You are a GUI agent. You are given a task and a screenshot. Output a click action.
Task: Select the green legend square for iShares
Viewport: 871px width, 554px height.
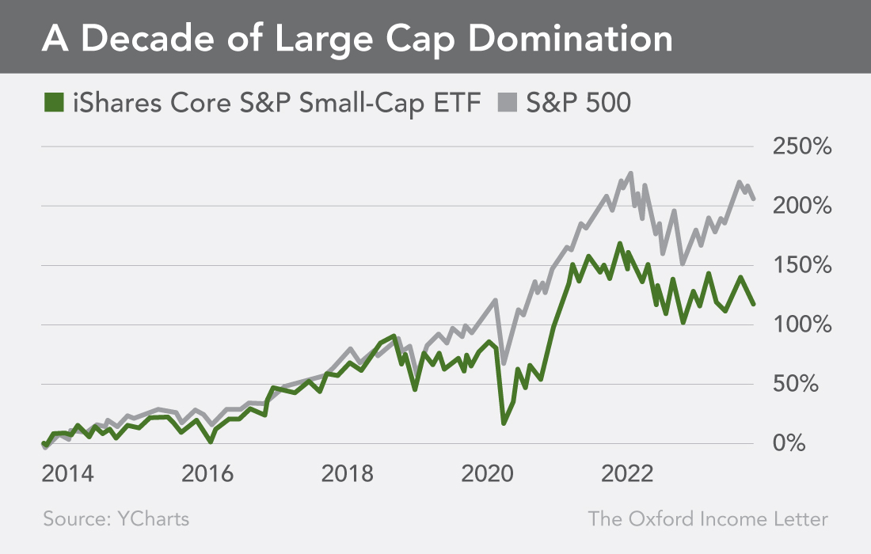coord(54,104)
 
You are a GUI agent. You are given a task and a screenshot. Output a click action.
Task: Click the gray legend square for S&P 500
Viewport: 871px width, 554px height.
coord(508,104)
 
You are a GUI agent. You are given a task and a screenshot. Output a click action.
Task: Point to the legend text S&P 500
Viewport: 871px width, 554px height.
coord(579,104)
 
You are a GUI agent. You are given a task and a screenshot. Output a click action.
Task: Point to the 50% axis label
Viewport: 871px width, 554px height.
coord(807,385)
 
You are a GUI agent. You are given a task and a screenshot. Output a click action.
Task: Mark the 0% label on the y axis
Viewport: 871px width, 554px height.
coord(813,444)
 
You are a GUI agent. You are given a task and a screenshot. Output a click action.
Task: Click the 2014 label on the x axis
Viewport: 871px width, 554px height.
coord(68,474)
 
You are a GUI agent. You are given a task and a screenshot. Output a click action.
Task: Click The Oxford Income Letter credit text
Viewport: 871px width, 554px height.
coord(708,519)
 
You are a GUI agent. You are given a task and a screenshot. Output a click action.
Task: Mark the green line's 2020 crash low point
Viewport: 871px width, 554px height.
coord(504,423)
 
